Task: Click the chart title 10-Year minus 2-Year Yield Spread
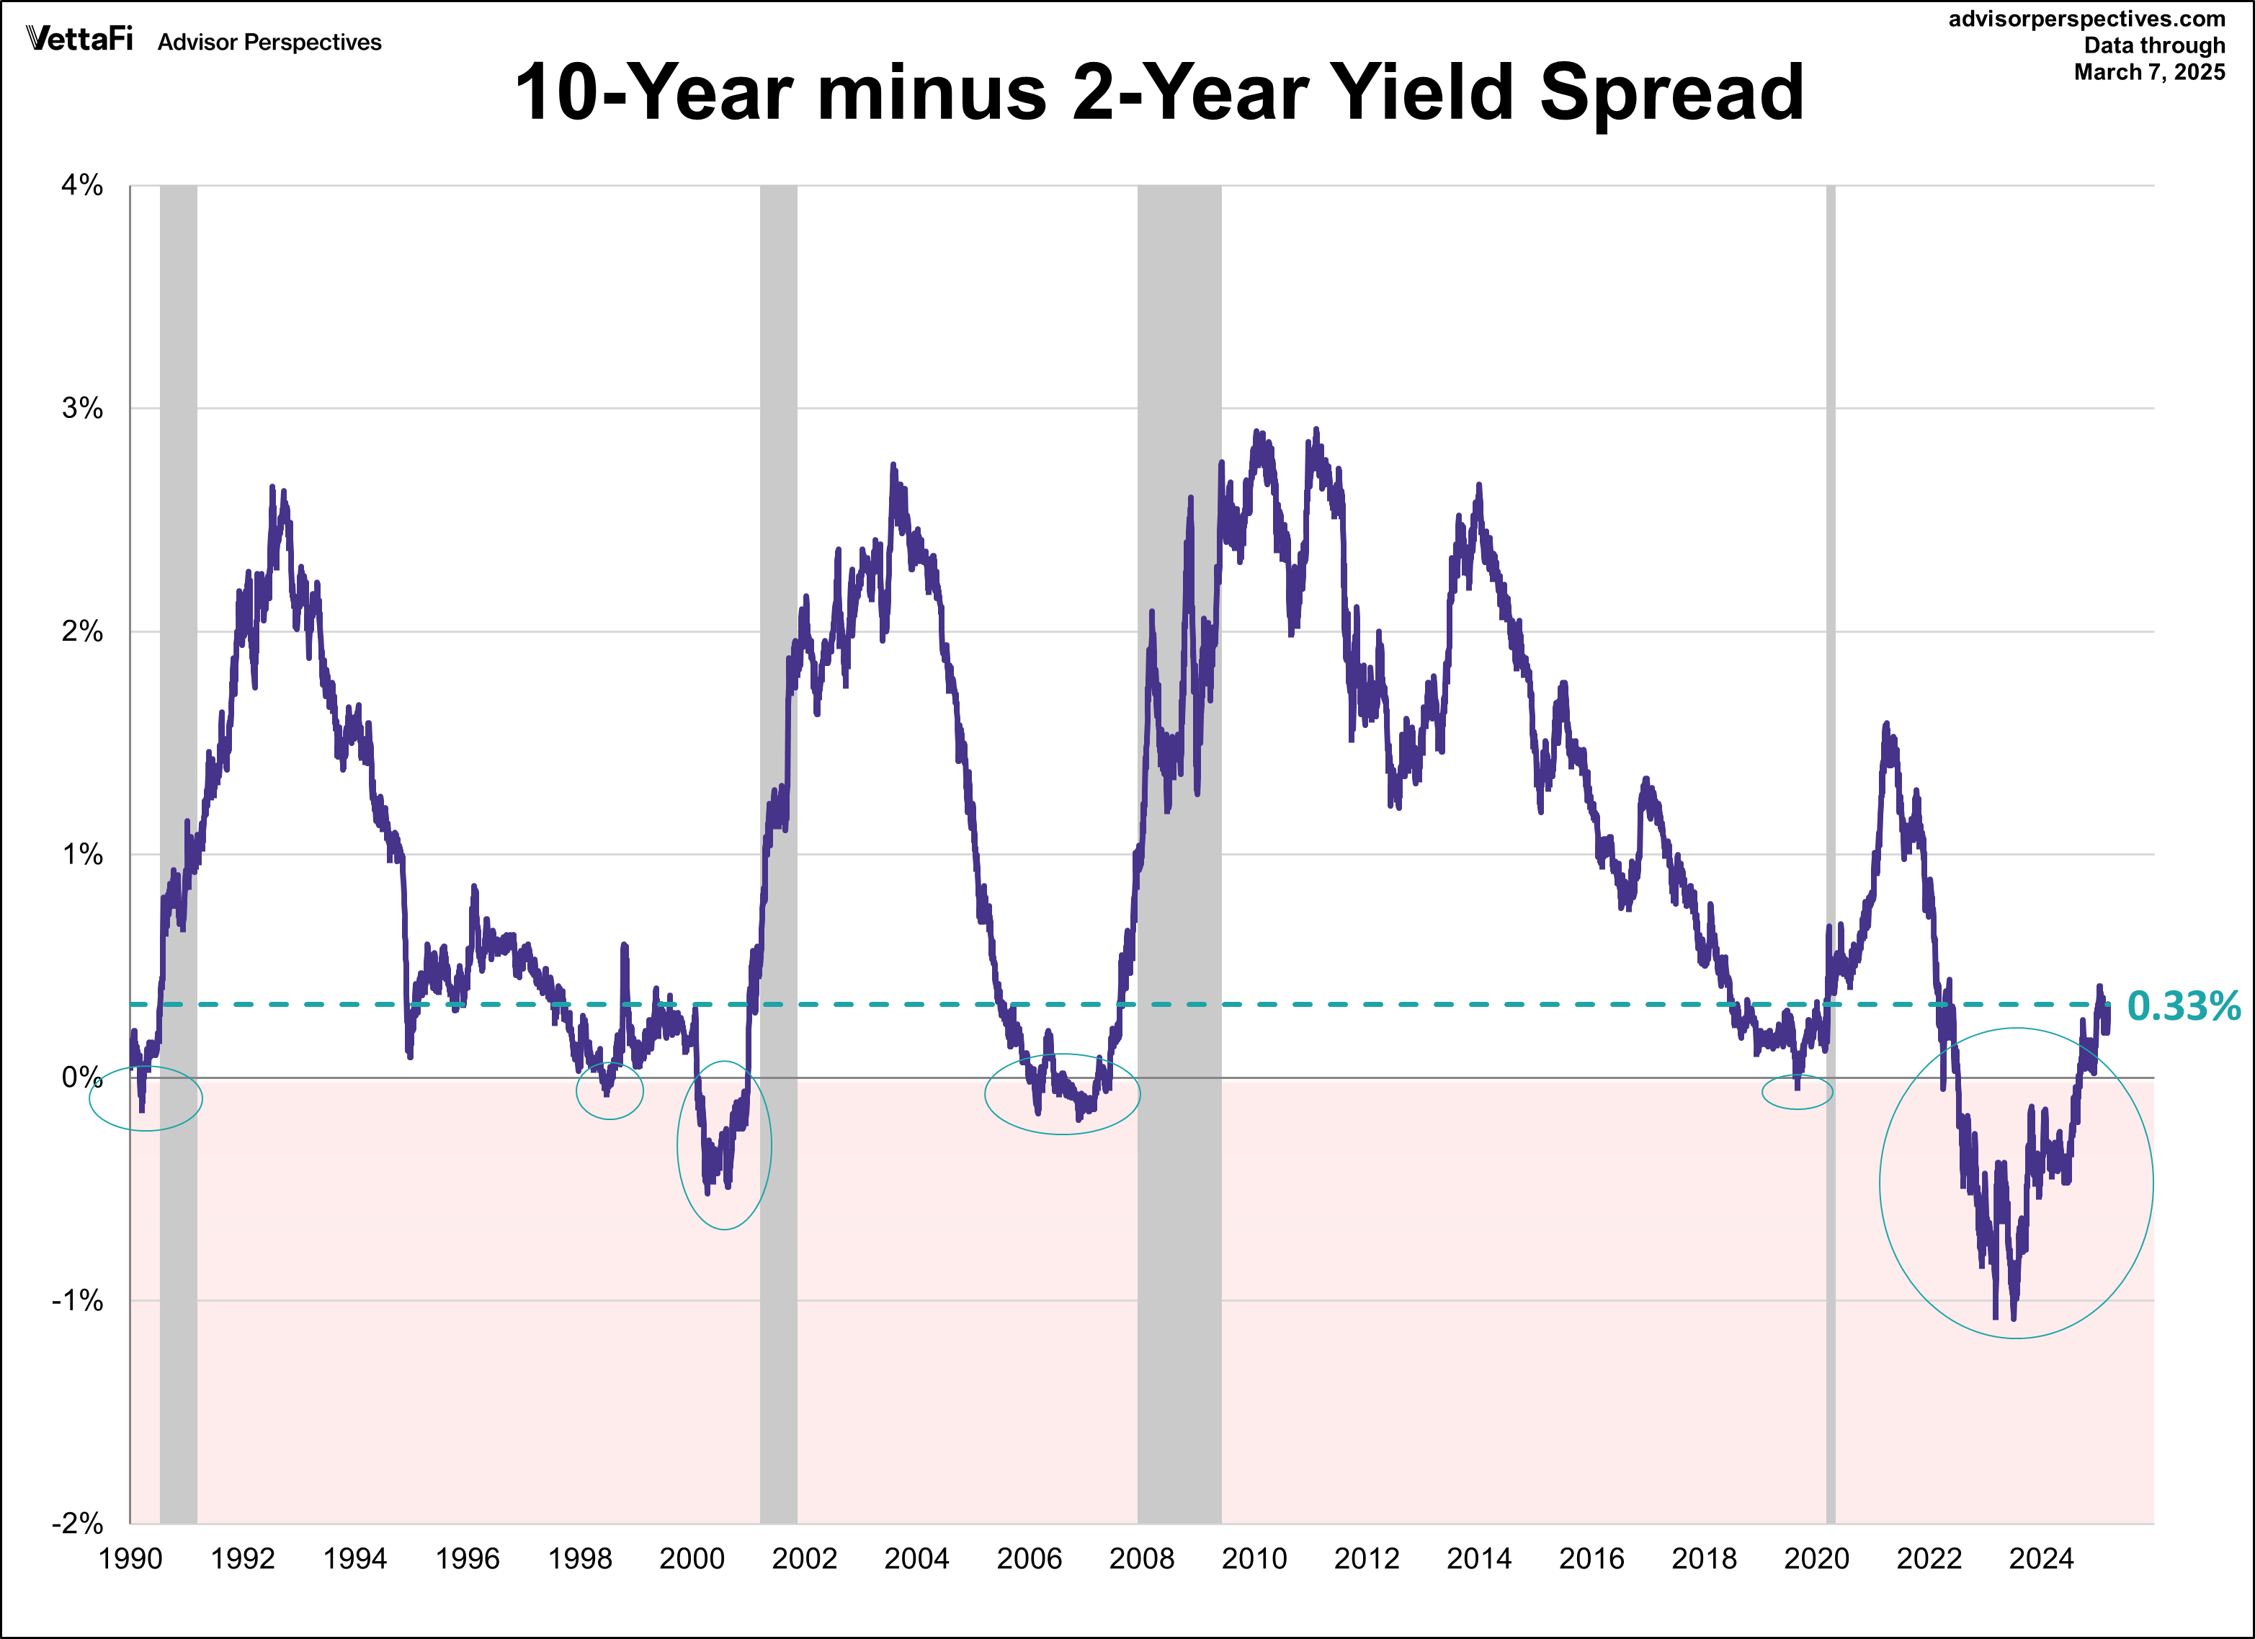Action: (x=1158, y=92)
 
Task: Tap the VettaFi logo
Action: (x=79, y=39)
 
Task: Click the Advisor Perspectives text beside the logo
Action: (x=269, y=42)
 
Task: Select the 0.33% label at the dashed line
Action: (x=2184, y=1005)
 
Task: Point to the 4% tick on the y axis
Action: (x=83, y=185)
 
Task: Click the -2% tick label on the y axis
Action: (x=79, y=1523)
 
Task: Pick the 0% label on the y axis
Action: (x=83, y=1077)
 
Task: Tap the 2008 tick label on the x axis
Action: (x=1141, y=1558)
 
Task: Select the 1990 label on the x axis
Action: (x=130, y=1558)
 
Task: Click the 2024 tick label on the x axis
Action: (x=2040, y=1558)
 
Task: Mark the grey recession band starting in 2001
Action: (x=779, y=696)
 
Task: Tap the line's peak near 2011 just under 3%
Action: (x=1316, y=430)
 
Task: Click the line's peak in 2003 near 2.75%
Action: (x=893, y=466)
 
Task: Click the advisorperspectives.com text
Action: (x=2086, y=19)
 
